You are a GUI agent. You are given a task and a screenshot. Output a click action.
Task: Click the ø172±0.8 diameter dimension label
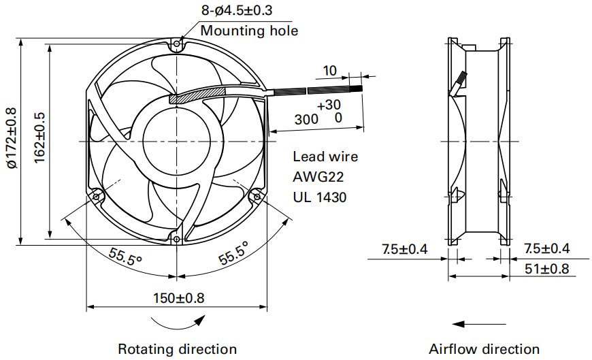12,137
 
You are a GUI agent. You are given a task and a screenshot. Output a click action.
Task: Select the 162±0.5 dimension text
39,137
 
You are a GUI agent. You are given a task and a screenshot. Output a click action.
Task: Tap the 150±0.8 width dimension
178,298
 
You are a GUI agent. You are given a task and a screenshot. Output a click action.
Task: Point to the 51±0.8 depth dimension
546,269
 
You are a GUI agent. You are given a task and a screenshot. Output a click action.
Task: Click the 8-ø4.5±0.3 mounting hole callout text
236,10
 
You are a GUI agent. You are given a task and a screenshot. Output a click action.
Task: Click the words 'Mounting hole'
249,31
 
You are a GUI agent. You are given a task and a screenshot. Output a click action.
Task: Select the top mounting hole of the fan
177,45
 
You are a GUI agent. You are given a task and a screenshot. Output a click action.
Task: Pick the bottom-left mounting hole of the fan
96,197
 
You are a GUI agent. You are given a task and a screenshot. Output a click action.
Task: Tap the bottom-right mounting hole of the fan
257,197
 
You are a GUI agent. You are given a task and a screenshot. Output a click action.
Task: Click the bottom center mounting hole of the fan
177,238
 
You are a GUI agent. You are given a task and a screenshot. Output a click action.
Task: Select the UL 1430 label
319,197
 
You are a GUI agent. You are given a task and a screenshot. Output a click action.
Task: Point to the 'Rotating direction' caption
178,348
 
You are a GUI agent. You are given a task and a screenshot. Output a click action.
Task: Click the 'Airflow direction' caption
484,348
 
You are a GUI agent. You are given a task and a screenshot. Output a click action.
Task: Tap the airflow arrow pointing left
479,324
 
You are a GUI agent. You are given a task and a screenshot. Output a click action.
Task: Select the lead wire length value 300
306,119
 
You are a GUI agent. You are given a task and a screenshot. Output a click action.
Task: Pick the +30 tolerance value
329,105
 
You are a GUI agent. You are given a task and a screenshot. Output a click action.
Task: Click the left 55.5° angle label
125,257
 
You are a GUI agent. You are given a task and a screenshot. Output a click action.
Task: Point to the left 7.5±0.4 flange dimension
404,249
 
